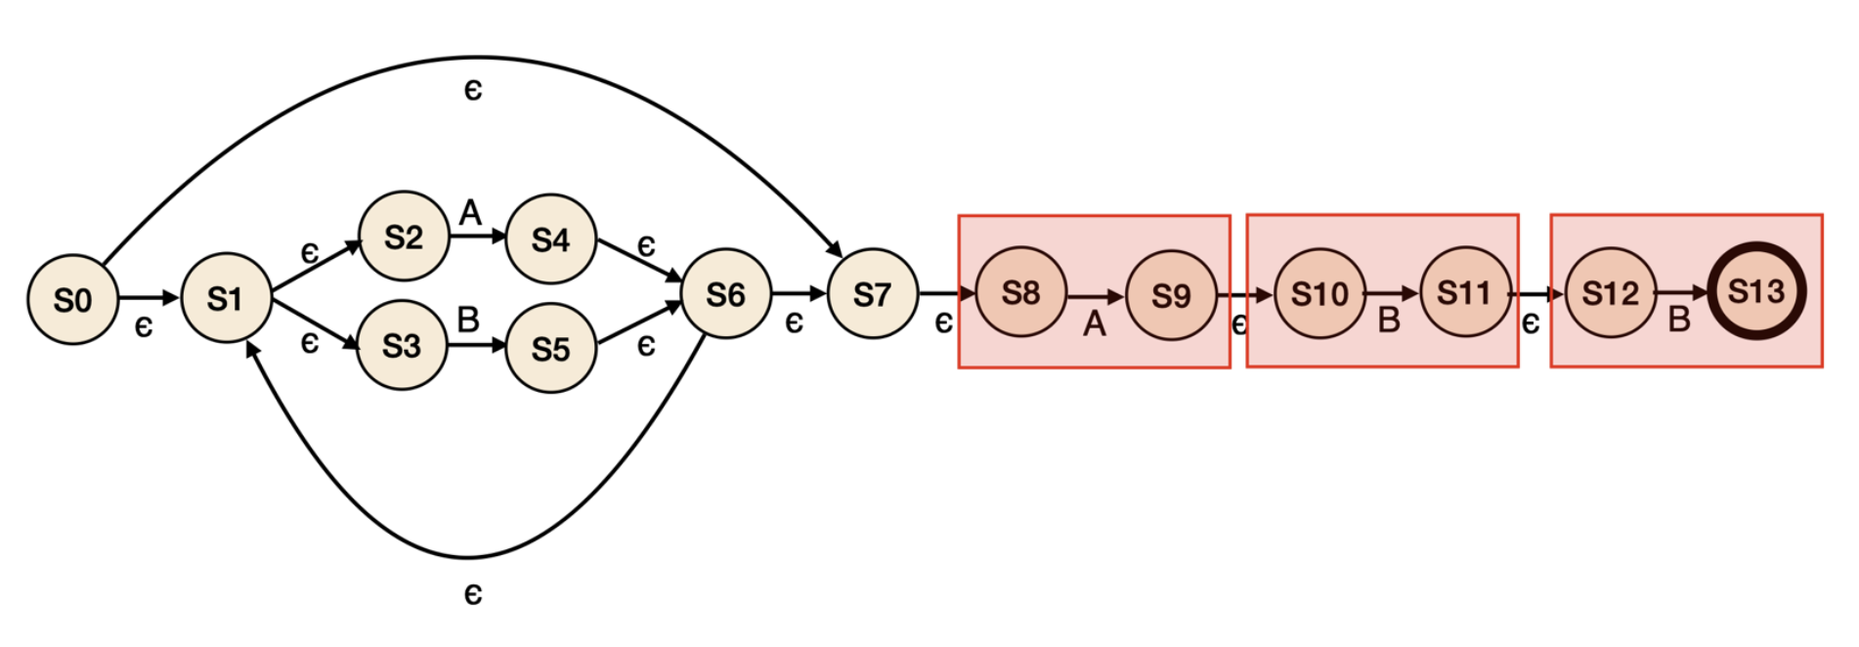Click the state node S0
coord(72,299)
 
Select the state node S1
coord(226,297)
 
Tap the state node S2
coord(404,237)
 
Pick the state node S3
coord(402,345)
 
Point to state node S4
coord(550,238)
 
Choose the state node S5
coord(550,348)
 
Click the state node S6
coord(725,293)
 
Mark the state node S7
coord(872,293)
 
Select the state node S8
coord(1020,291)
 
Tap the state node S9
coord(1171,294)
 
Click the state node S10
coord(1319,292)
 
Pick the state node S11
coord(1464,291)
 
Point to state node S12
coord(1610,292)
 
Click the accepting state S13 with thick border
coord(1755,290)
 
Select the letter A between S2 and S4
coord(470,212)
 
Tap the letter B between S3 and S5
coord(468,320)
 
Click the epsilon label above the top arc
coord(473,90)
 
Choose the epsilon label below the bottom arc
coord(473,593)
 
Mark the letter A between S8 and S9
coord(1094,323)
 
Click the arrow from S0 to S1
coord(149,297)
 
